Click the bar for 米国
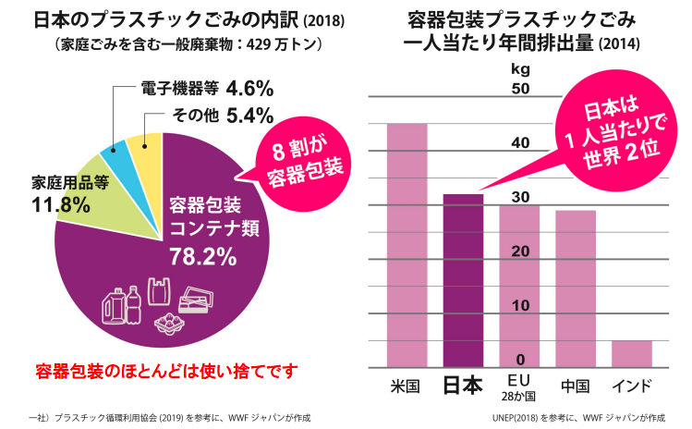[407, 245]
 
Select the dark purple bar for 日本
[463, 281]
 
